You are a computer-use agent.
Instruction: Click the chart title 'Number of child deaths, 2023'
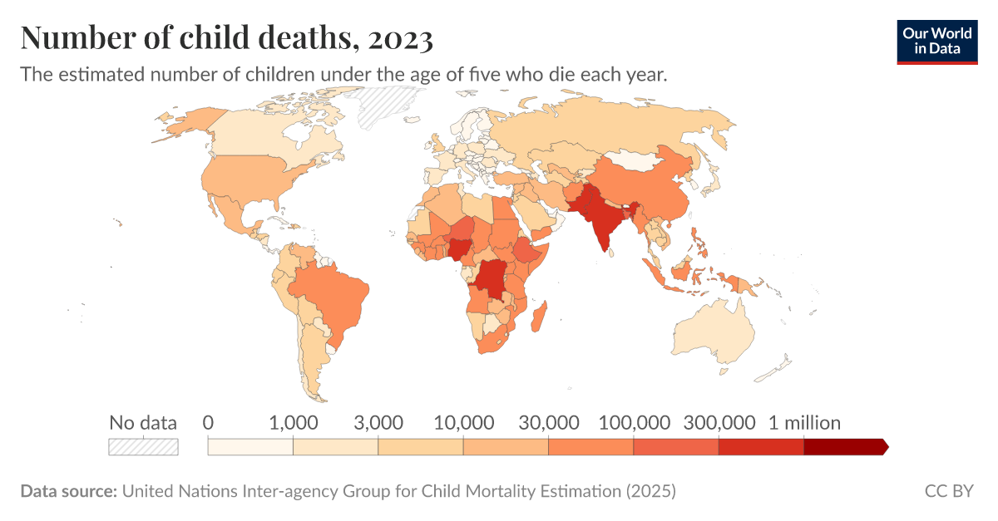225,38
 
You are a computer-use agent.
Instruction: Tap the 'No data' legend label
143,423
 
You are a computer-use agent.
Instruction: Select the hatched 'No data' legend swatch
143,446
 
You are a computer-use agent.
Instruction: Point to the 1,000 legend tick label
293,423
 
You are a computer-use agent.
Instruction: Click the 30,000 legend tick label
548,423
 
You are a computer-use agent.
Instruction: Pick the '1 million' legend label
804,423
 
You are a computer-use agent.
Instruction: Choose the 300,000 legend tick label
719,423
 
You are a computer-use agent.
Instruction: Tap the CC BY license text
949,491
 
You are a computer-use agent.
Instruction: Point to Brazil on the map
333,295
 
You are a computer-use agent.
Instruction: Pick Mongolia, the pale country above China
636,161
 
